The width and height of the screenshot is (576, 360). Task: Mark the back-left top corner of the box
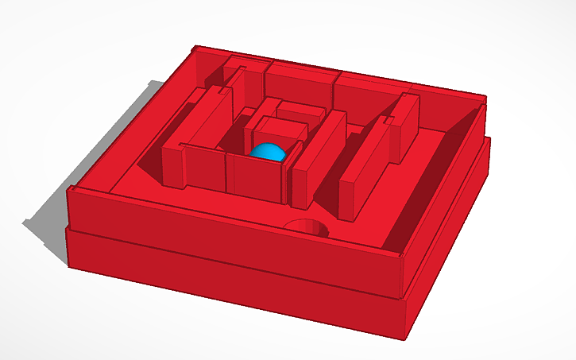coord(198,48)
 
